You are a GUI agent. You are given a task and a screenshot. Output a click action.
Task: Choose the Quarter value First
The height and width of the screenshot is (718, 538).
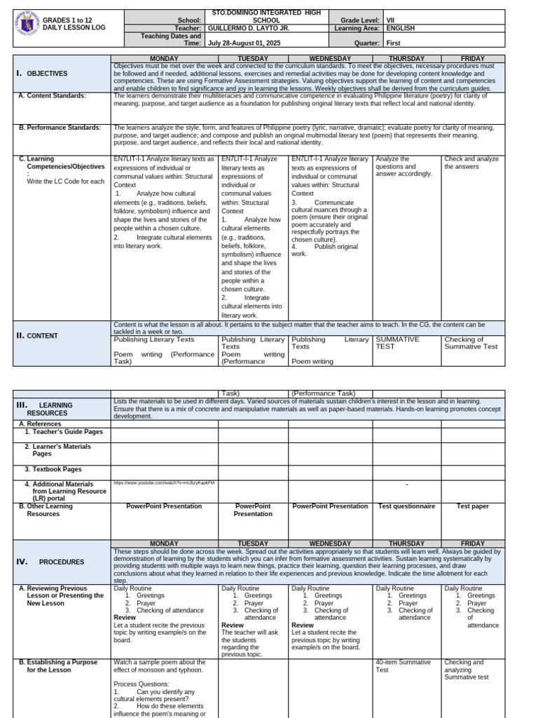click(x=394, y=42)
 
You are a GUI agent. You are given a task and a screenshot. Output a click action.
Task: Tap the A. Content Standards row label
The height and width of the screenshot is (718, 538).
click(x=53, y=95)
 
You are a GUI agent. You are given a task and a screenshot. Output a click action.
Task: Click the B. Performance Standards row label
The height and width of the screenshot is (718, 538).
click(x=60, y=128)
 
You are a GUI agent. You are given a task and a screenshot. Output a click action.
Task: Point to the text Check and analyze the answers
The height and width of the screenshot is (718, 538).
click(x=471, y=163)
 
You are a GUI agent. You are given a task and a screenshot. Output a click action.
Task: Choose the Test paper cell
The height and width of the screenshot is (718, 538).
click(x=472, y=506)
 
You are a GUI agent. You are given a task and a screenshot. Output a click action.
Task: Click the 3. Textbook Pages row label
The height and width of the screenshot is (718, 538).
click(x=53, y=469)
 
